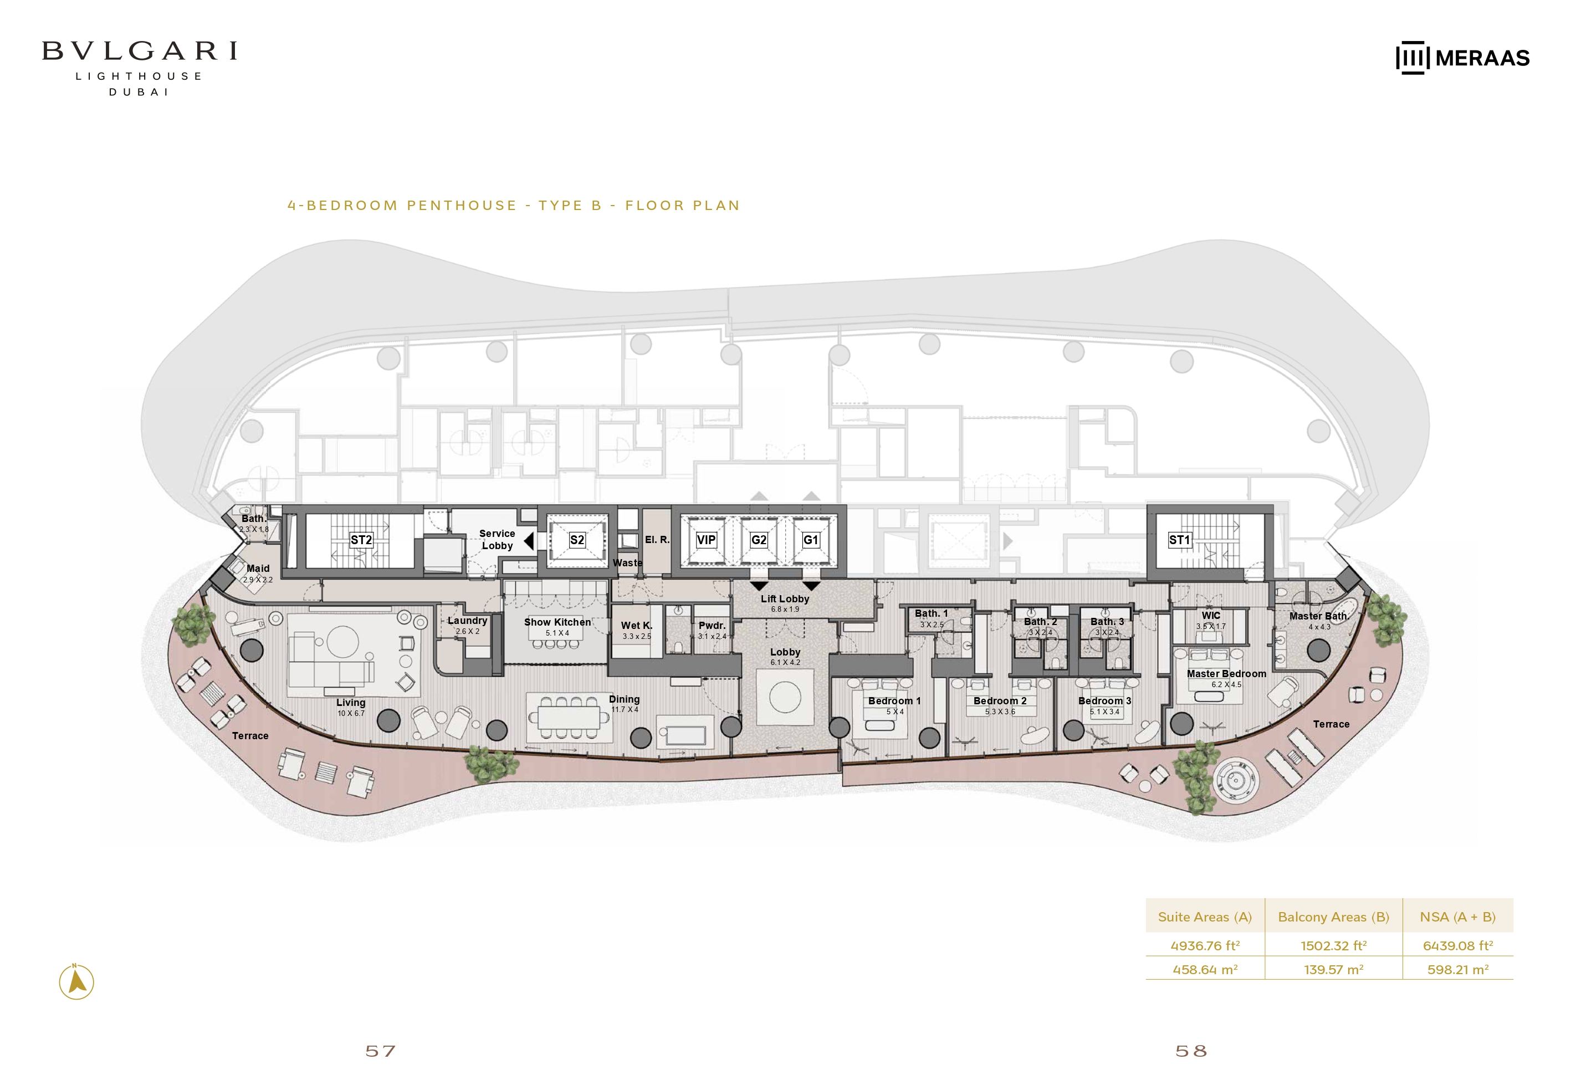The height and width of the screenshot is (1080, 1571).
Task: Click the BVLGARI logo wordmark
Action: click(x=140, y=52)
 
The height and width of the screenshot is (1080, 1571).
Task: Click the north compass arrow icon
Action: click(x=76, y=981)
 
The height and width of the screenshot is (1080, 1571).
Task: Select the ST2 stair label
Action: click(x=361, y=540)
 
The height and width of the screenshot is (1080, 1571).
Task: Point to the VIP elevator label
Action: click(x=705, y=540)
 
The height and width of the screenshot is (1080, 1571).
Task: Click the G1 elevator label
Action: click(x=811, y=540)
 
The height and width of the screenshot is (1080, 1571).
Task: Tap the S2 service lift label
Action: click(x=577, y=540)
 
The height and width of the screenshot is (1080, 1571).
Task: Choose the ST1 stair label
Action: click(x=1179, y=540)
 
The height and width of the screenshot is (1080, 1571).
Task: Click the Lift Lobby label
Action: click(x=785, y=599)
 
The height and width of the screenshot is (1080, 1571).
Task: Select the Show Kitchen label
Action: click(x=557, y=622)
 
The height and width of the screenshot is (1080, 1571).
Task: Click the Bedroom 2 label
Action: click(x=1000, y=701)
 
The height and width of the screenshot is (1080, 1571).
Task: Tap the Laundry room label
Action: click(x=468, y=621)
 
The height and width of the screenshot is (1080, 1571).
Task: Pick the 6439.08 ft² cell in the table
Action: click(x=1458, y=945)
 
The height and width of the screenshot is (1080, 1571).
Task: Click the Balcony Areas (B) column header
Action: click(x=1333, y=917)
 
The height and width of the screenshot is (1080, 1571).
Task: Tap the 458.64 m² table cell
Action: click(x=1205, y=970)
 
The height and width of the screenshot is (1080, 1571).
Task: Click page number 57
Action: click(x=380, y=1051)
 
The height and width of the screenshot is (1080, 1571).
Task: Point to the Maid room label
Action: click(x=258, y=569)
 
